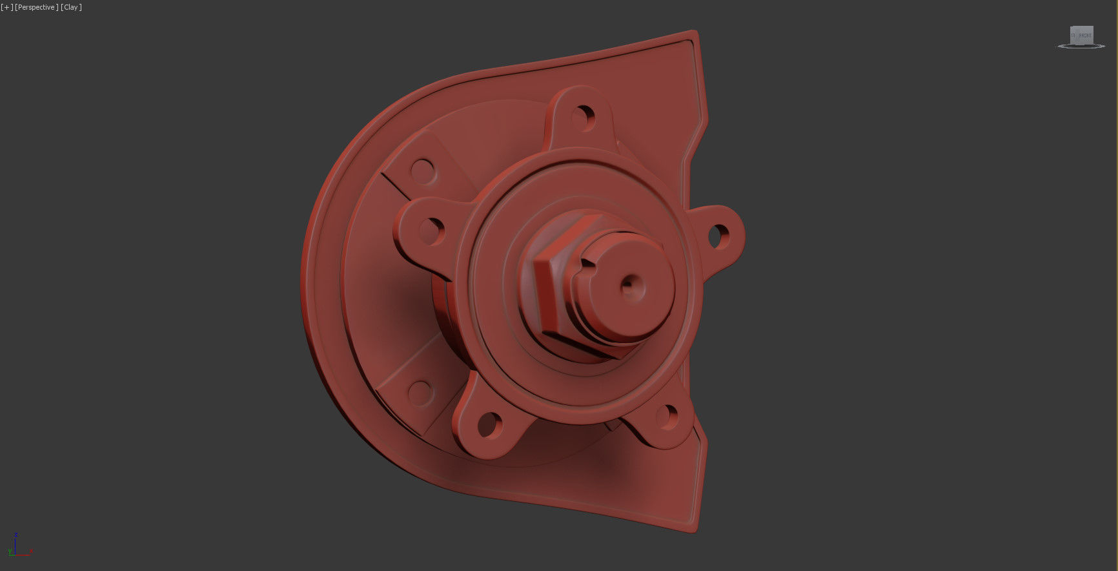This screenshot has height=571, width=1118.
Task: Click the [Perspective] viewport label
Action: click(x=36, y=7)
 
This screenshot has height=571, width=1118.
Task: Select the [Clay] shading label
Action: click(x=71, y=7)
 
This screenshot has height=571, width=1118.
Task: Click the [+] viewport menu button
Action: click(x=6, y=7)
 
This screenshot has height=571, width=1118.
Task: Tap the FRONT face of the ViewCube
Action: click(x=1084, y=36)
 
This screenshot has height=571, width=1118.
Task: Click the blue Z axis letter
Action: click(x=16, y=535)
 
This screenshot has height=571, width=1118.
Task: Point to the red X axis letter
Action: click(x=31, y=551)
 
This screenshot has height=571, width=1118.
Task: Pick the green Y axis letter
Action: click(x=10, y=551)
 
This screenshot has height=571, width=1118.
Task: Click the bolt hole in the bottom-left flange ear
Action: click(x=490, y=425)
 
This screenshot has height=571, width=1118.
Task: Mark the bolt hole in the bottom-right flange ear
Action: click(x=666, y=417)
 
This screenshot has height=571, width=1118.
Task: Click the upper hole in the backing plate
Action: click(x=423, y=172)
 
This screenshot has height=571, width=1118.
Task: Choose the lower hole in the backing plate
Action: click(x=420, y=392)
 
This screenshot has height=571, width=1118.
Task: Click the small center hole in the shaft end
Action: click(x=628, y=286)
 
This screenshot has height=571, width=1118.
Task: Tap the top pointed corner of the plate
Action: click(x=694, y=32)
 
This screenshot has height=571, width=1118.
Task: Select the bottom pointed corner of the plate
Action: click(x=694, y=531)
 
